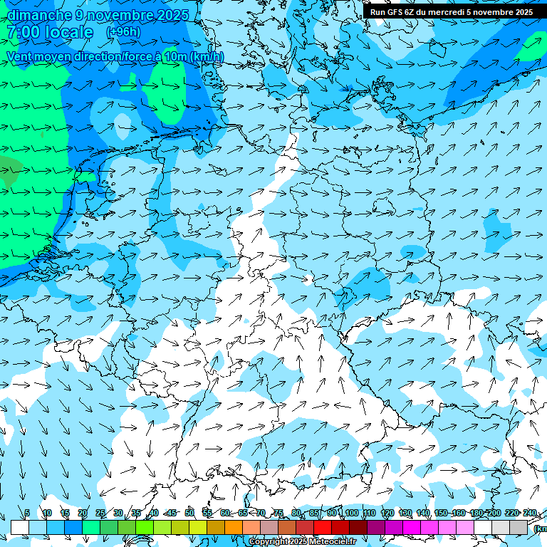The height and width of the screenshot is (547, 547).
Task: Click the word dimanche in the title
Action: pos(39,15)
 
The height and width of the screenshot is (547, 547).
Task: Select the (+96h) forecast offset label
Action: pos(123,32)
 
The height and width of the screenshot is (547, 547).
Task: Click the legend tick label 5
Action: pos(27,513)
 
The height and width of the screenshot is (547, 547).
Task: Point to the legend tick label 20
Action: pos(82,513)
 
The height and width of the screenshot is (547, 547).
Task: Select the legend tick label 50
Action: pos(189,513)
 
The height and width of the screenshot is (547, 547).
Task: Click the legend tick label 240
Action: pos(530,513)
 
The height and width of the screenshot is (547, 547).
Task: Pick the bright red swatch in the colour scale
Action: pos(323,527)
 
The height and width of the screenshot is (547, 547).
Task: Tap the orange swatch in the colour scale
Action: pos(234,527)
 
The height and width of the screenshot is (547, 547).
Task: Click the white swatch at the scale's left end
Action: pos(20,527)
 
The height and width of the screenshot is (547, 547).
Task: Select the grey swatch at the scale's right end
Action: pos(519,527)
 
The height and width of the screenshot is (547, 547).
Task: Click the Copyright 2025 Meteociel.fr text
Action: pos(302,542)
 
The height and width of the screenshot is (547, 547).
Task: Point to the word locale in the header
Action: pos(68,32)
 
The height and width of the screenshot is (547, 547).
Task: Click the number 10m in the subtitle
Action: pos(174,56)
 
